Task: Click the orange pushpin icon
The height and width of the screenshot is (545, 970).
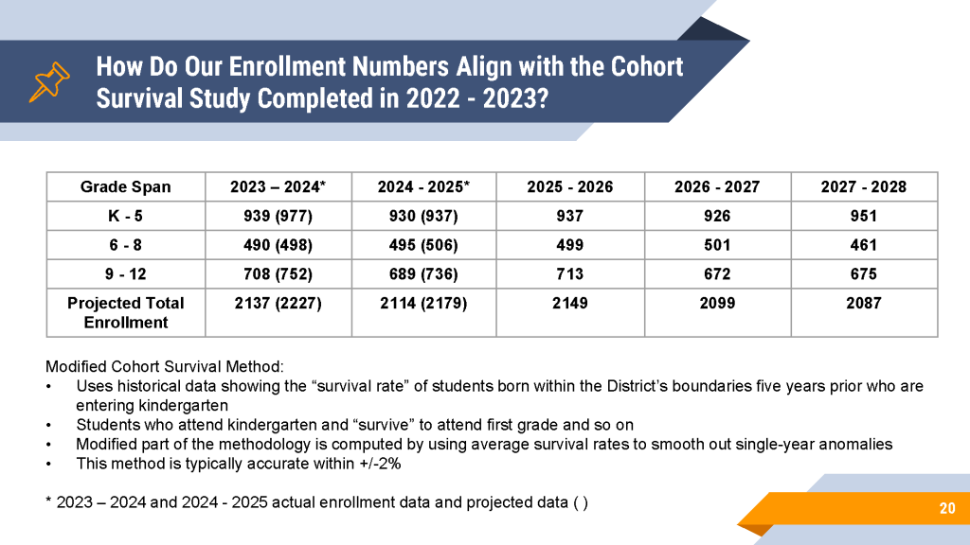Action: pyautogui.click(x=49, y=81)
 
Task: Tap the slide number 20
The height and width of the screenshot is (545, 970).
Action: pyautogui.click(x=947, y=508)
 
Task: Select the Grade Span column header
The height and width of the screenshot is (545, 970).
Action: pyautogui.click(x=126, y=186)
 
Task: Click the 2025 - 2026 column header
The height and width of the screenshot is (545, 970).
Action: pyautogui.click(x=569, y=186)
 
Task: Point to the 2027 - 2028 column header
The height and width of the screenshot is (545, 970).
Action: pyautogui.click(x=864, y=186)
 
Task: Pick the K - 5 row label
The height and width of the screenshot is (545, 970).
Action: pyautogui.click(x=126, y=216)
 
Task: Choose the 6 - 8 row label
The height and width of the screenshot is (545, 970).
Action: pyautogui.click(x=126, y=245)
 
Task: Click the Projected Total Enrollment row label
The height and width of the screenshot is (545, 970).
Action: pyautogui.click(x=126, y=312)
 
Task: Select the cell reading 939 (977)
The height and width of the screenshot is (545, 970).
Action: pyautogui.click(x=278, y=216)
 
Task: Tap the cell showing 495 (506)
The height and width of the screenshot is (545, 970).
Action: pyautogui.click(x=423, y=245)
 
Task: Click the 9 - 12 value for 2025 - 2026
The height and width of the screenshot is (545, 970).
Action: pyautogui.click(x=569, y=273)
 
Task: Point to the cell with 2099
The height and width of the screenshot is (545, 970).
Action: pyautogui.click(x=718, y=303)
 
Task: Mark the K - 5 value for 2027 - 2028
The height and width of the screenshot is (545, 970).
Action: pyautogui.click(x=864, y=216)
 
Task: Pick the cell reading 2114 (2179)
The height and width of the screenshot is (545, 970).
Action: pyautogui.click(x=423, y=303)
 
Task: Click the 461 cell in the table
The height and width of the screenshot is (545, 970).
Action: pyautogui.click(x=864, y=245)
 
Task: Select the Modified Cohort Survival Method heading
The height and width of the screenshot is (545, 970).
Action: pyautogui.click(x=165, y=366)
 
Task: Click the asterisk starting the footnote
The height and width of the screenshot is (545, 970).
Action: pyautogui.click(x=49, y=500)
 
